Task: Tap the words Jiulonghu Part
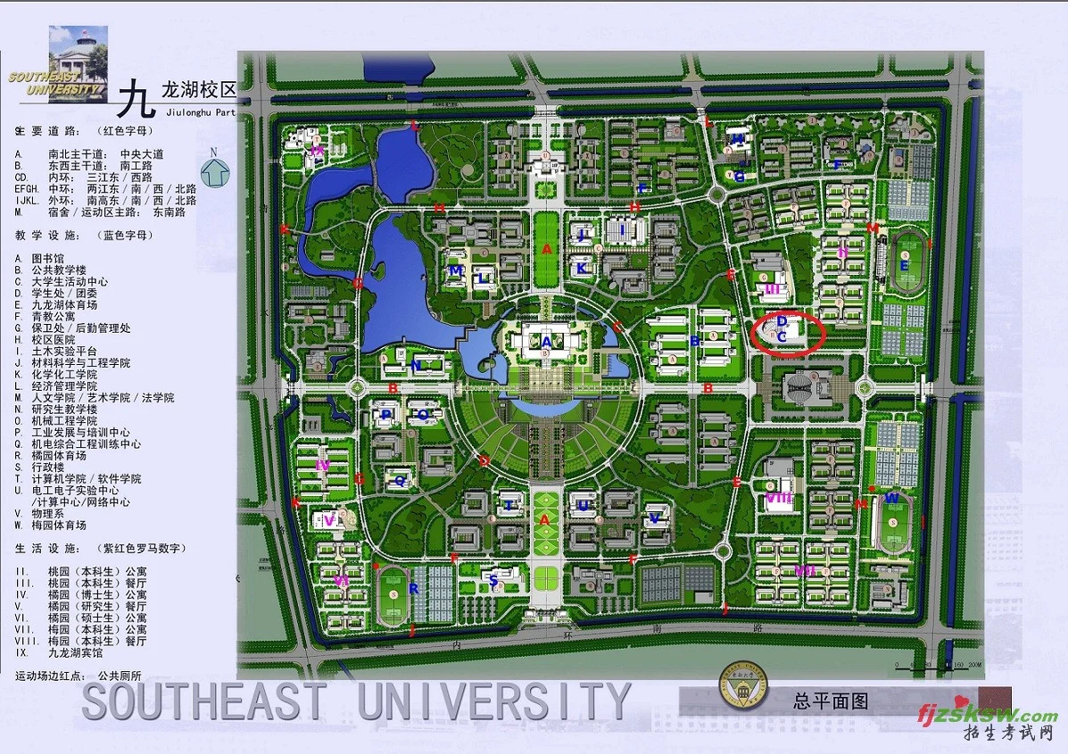tap(201, 112)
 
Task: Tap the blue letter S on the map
tap(493, 579)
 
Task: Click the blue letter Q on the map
tap(400, 480)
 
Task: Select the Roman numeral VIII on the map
tap(779, 498)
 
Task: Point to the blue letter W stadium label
tap(890, 498)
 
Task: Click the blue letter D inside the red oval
tap(782, 320)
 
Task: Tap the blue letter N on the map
tap(416, 365)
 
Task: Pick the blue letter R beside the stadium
tap(413, 589)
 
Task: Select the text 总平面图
tap(830, 701)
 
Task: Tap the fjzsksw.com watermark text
tap(988, 715)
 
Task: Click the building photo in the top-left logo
tap(79, 52)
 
